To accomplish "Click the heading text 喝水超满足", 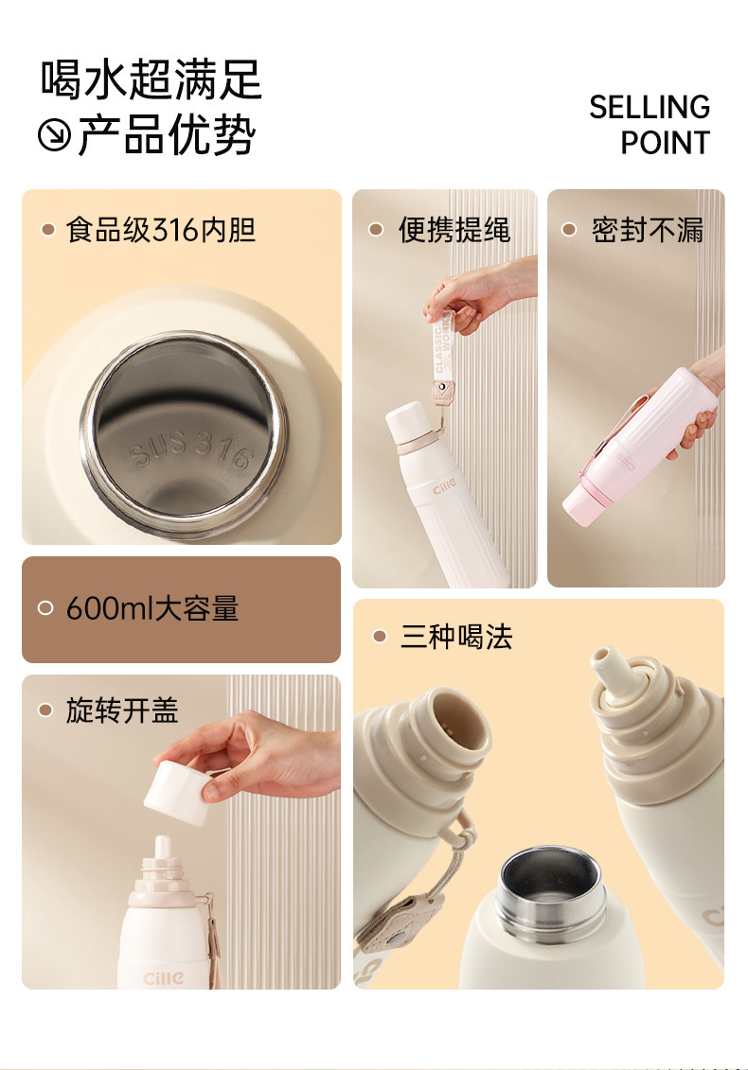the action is [151, 79].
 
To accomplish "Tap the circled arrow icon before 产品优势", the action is [54, 134].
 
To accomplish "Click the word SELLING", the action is [650, 107].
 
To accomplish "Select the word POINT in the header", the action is [666, 143].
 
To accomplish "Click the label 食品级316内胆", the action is [161, 229].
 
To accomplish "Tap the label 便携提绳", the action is [454, 229].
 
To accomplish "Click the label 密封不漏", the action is [648, 229].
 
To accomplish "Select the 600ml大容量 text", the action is [152, 608].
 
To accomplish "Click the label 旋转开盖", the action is [122, 710].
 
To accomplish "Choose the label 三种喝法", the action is [456, 637].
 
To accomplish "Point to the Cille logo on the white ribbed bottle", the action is [444, 488].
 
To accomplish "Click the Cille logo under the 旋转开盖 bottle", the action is [164, 978].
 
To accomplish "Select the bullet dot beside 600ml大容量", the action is [45, 607].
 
